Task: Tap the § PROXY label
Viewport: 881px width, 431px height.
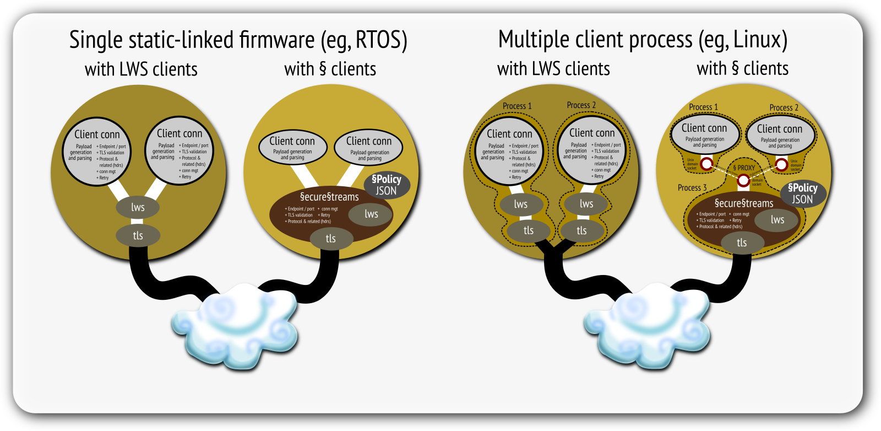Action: (x=744, y=168)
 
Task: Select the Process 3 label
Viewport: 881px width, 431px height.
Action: (x=692, y=188)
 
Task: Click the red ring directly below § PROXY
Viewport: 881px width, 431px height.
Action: (x=743, y=180)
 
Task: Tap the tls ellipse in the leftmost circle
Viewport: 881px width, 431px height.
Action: (x=138, y=235)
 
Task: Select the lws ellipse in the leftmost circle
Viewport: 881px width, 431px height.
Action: (x=138, y=207)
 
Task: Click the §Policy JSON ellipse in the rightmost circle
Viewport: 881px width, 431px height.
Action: (x=803, y=193)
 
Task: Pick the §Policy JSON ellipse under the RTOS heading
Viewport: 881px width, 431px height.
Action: (x=387, y=185)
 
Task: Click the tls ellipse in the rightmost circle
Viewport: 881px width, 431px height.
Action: (x=742, y=243)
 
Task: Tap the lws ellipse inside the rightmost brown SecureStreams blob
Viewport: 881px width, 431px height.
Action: (x=777, y=220)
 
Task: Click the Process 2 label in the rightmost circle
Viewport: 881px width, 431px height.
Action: (x=784, y=107)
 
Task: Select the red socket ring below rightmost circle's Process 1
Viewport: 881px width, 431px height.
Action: (x=706, y=164)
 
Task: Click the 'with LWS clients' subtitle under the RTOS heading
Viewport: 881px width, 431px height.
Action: (x=141, y=69)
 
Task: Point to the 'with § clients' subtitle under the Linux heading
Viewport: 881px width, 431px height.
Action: (x=742, y=68)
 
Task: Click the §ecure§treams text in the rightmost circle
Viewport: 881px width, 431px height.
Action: (x=744, y=203)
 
